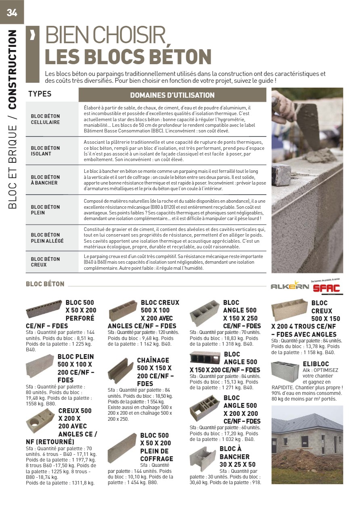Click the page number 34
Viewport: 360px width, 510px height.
pos(12,13)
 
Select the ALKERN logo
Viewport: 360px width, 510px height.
pos(289,287)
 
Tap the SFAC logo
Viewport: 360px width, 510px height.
pos(327,288)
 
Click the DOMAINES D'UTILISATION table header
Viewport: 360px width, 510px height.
pos(172,95)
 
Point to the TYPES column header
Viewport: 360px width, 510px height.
pos(40,94)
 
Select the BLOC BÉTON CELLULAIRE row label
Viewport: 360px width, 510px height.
pos(45,119)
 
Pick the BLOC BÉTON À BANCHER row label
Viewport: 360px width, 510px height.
pos(45,180)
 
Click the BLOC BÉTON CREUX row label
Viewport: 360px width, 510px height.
pos(45,262)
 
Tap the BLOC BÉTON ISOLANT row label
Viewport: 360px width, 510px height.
pos(45,151)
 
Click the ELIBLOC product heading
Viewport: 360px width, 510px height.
pos(316,364)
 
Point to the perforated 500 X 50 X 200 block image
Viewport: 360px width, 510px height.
pos(44,309)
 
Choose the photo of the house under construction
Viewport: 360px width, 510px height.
pos(307,445)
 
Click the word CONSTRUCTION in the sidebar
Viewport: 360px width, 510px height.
pos(13,69)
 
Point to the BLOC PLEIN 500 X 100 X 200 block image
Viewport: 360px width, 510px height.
pos(40,365)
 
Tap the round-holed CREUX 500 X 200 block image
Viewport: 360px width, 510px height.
pos(40,420)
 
